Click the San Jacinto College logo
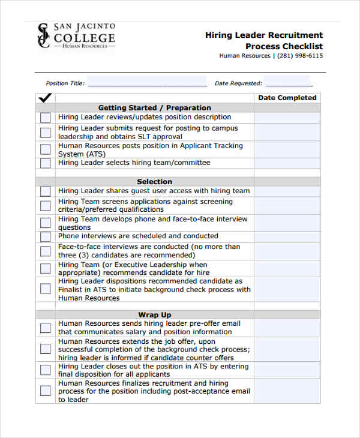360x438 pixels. (76, 37)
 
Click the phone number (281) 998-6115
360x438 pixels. (300, 56)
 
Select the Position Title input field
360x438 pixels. (147, 83)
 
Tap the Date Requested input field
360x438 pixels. (289, 83)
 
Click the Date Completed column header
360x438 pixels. (287, 98)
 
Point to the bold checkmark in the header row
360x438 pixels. (45, 98)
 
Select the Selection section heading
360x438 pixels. (154, 182)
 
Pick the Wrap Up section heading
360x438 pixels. (154, 315)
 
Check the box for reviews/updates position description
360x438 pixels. (46, 118)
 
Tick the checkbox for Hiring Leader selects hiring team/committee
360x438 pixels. (46, 163)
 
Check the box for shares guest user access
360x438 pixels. (46, 191)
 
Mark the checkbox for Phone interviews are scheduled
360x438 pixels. (46, 237)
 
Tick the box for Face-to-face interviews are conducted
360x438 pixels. (46, 251)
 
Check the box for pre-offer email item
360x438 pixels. (46, 328)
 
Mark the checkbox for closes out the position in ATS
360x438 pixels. (46, 370)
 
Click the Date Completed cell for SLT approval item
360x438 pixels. (287, 132)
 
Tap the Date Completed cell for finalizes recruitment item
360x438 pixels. (287, 391)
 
